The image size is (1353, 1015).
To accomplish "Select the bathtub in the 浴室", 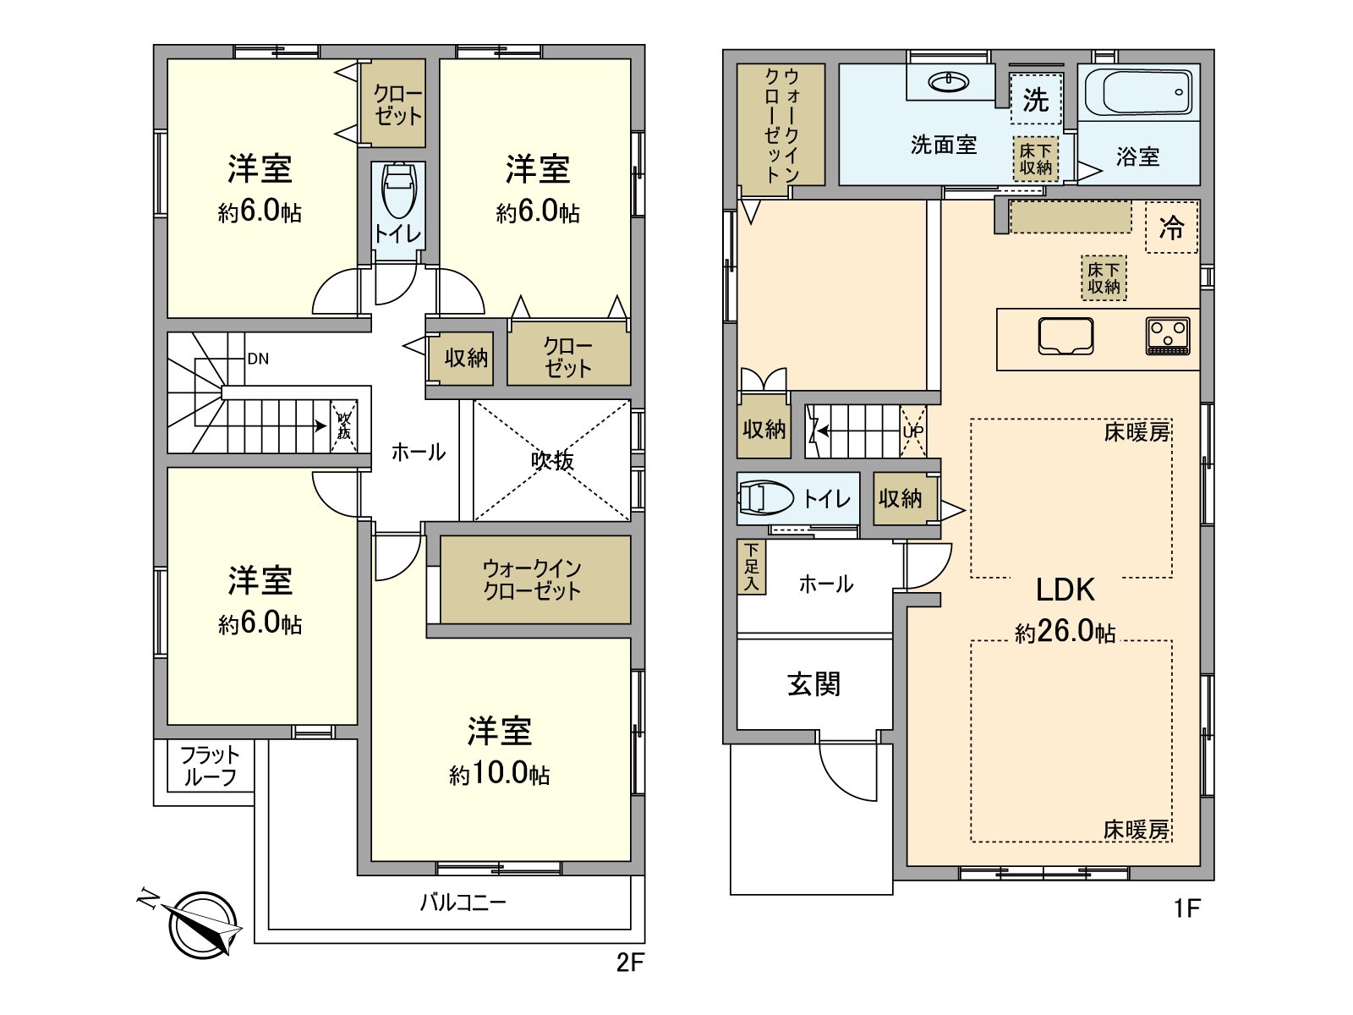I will point(1138,92).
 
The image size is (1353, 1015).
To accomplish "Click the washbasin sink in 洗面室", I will point(948,82).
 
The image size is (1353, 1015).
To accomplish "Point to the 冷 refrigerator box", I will point(1171,227).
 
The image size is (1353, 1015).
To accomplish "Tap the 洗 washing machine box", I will point(1036,99).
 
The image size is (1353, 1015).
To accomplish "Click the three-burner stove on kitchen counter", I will point(1168,335).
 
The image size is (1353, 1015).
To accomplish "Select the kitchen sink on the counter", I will point(1065,336).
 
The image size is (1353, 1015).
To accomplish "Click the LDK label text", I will point(1065,590).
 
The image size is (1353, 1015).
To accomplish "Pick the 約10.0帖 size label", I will point(499,773).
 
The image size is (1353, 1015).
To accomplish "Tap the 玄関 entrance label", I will point(813,683).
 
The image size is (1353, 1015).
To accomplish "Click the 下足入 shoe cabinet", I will point(751,567).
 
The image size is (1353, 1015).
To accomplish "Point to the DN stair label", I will point(258,359).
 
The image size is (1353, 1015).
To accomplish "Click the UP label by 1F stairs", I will point(913,431).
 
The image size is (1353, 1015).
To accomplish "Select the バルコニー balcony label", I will point(463,903).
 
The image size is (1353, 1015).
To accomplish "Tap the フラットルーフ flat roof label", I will point(209,766).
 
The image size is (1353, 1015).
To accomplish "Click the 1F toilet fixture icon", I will point(766,498).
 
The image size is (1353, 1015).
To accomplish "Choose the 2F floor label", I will point(630,963).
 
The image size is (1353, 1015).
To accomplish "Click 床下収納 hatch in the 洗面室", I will point(1035,159).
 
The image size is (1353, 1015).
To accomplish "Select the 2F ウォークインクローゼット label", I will point(532,579).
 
